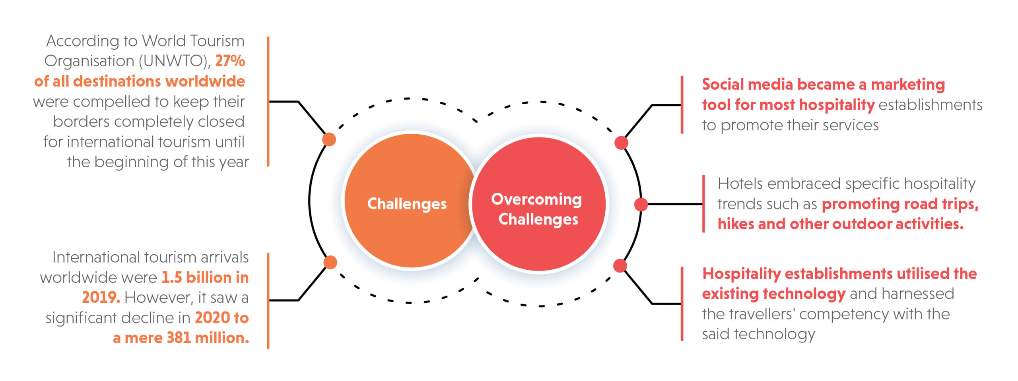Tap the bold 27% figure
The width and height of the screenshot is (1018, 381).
[x=230, y=61]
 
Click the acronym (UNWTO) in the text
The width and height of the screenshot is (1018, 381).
[x=175, y=61]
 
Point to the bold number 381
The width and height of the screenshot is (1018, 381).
[x=179, y=338]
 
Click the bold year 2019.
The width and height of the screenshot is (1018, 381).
[x=101, y=297]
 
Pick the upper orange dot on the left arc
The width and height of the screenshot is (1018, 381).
[x=329, y=139]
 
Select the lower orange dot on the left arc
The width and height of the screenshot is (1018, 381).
[x=330, y=262]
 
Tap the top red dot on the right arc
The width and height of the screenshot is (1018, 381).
[x=621, y=143]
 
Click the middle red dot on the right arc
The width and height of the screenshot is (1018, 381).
[x=641, y=204]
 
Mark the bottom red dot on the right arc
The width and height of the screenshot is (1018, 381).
[x=620, y=266]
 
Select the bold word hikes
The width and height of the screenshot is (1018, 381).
[x=736, y=224]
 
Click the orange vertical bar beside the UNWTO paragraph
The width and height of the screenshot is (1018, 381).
[x=268, y=101]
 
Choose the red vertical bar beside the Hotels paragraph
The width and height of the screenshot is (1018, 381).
[x=703, y=203]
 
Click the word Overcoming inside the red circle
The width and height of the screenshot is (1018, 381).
[x=536, y=199]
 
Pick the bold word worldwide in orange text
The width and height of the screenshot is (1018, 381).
[x=205, y=81]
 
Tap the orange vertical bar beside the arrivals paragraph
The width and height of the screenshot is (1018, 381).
[x=268, y=301]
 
